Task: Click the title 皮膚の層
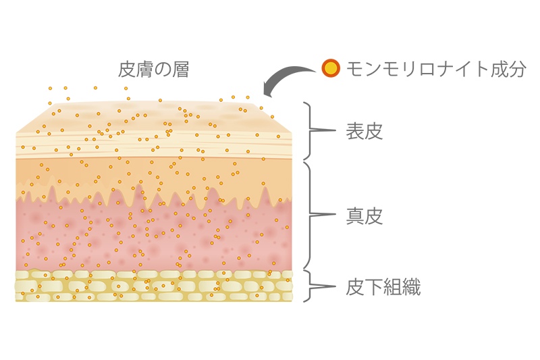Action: [153, 70]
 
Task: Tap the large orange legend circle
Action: [330, 68]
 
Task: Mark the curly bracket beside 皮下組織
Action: [313, 286]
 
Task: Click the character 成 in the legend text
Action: [495, 69]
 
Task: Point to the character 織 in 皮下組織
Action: [411, 288]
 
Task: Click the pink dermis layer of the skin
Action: [155, 233]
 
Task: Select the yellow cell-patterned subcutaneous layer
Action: [155, 286]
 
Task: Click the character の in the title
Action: [162, 70]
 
